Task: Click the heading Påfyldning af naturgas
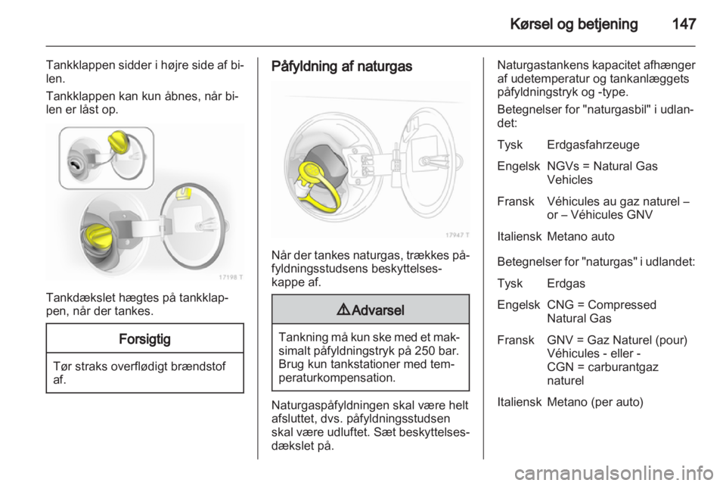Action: coord(342,67)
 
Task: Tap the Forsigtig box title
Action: coord(144,338)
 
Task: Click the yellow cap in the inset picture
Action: coord(123,143)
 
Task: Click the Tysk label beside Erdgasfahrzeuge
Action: coord(509,144)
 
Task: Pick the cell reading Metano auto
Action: coord(580,235)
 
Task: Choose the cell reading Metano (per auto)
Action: coord(594,403)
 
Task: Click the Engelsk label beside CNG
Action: coord(516,304)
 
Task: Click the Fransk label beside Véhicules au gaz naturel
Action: coord(514,201)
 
